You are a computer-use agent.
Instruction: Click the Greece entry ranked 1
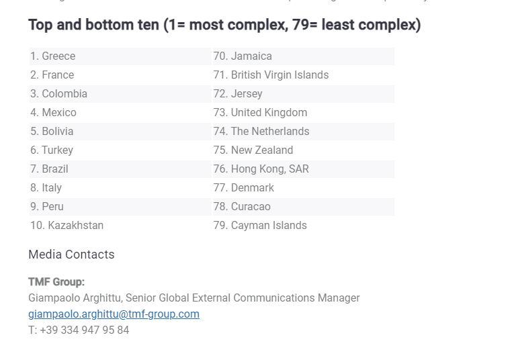point(52,56)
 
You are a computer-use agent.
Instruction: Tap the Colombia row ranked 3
point(58,94)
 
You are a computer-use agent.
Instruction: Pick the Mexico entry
point(53,113)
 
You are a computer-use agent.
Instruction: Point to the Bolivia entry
point(52,132)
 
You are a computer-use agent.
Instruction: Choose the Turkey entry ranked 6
point(52,150)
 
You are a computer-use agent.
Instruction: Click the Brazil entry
point(49,169)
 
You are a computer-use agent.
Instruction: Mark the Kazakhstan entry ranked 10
point(67,226)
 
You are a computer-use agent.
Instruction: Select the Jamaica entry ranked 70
point(243,56)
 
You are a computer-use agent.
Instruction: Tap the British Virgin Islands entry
point(271,75)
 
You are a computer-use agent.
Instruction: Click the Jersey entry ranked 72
point(238,94)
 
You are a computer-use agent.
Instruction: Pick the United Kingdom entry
point(260,113)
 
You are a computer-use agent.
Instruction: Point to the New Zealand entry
point(253,150)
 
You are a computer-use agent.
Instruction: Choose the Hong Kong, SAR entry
point(261,169)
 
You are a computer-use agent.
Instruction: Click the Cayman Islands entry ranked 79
point(260,226)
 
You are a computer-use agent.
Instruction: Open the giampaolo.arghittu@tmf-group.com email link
point(114,314)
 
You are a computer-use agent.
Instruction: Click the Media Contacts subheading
point(71,255)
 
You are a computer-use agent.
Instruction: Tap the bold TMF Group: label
point(56,282)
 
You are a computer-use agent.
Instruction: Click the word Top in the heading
point(41,26)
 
